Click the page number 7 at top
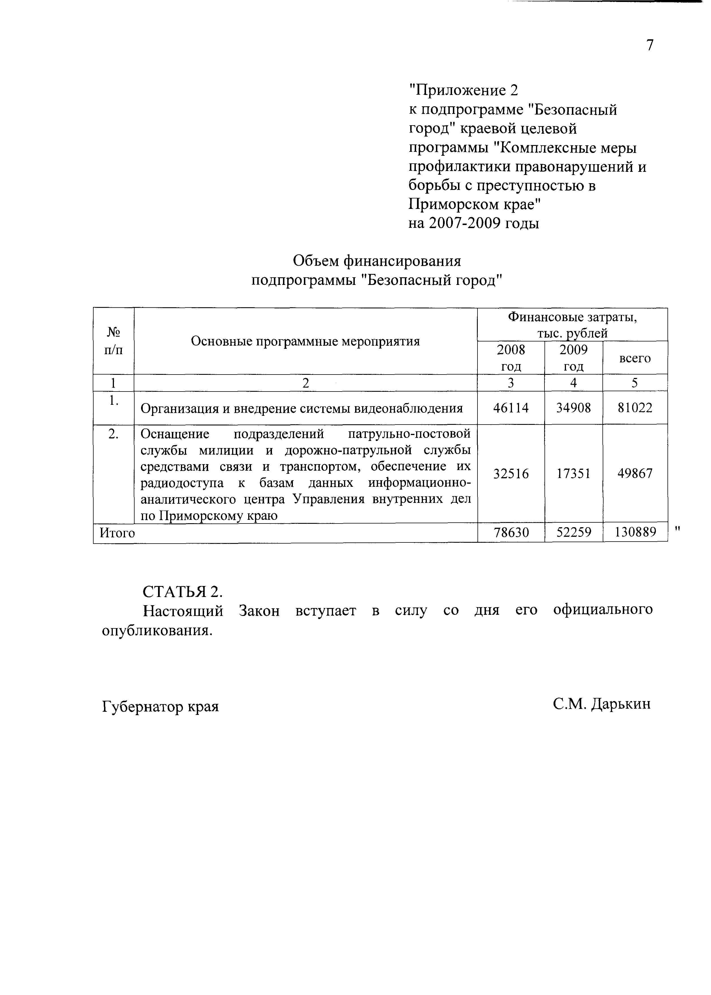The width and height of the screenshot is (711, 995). pos(650,45)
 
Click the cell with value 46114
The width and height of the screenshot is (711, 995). pos(511,408)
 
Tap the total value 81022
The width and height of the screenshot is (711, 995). pos(635,408)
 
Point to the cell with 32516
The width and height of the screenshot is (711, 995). pos(511,474)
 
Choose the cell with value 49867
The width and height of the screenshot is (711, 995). pos(635,474)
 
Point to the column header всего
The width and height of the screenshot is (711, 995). pos(635,358)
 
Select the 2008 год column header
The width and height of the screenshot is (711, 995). pos(511,358)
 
